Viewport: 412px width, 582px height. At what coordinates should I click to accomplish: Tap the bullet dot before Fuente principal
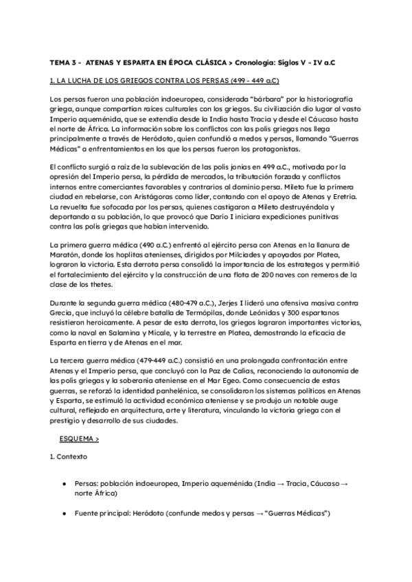pos(64,512)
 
